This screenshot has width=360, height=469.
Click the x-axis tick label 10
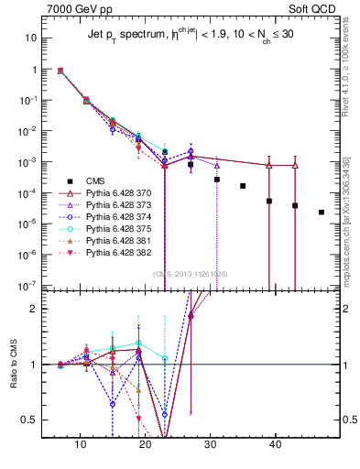coord(82,447)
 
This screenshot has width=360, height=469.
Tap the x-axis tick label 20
coord(146,447)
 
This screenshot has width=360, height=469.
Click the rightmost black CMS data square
coord(321,213)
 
